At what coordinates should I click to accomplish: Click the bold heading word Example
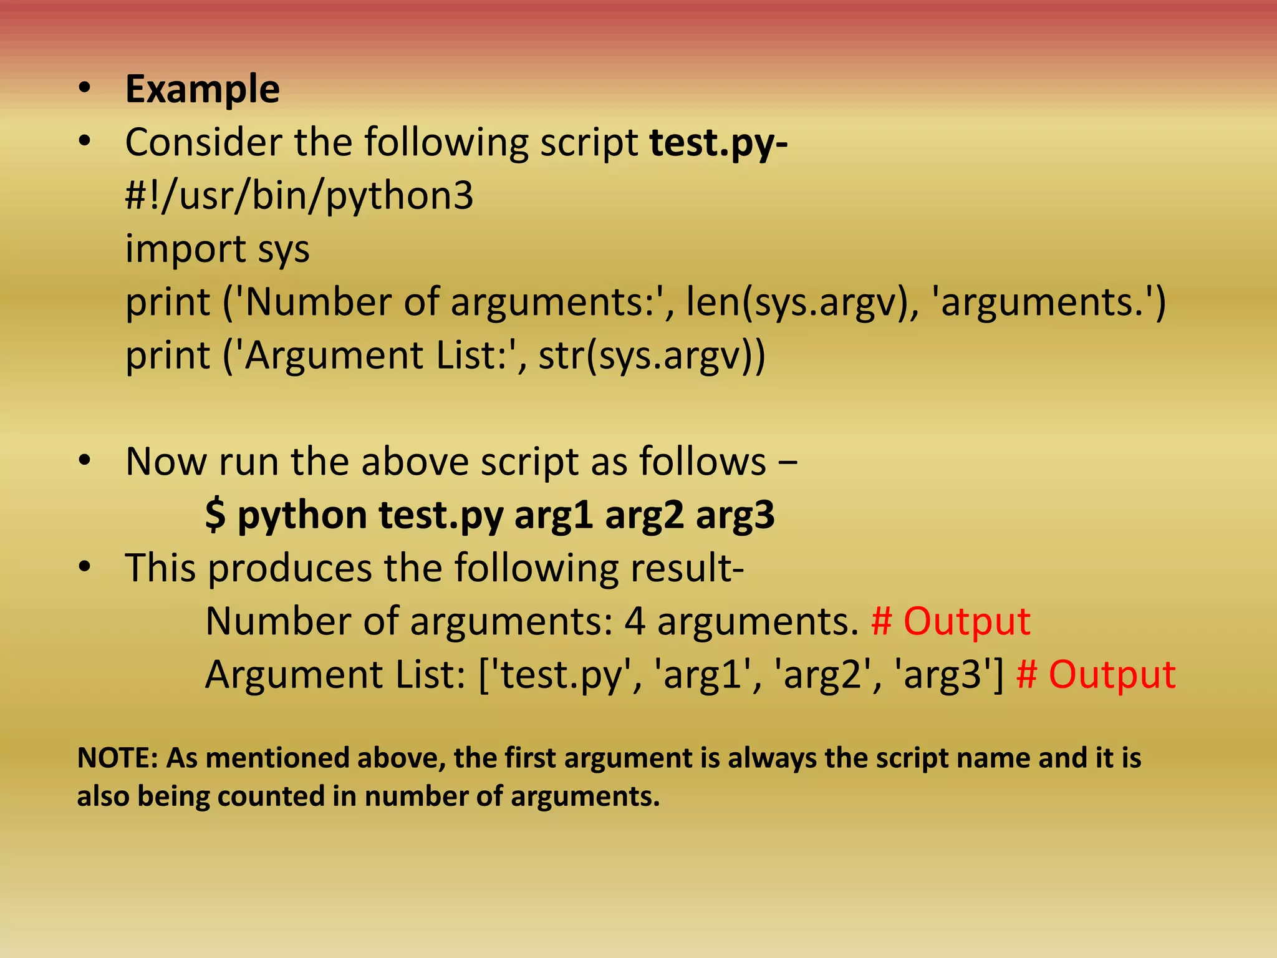(202, 90)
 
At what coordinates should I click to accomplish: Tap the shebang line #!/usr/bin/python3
(299, 196)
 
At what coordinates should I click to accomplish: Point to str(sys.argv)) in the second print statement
(652, 356)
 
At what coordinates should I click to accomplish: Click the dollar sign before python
(216, 516)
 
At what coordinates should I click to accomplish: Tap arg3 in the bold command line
(735, 516)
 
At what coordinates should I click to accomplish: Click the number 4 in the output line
(635, 622)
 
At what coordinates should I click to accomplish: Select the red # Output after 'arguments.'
(950, 622)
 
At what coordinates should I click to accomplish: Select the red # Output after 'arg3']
(1096, 675)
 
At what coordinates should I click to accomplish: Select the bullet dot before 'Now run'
(85, 462)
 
